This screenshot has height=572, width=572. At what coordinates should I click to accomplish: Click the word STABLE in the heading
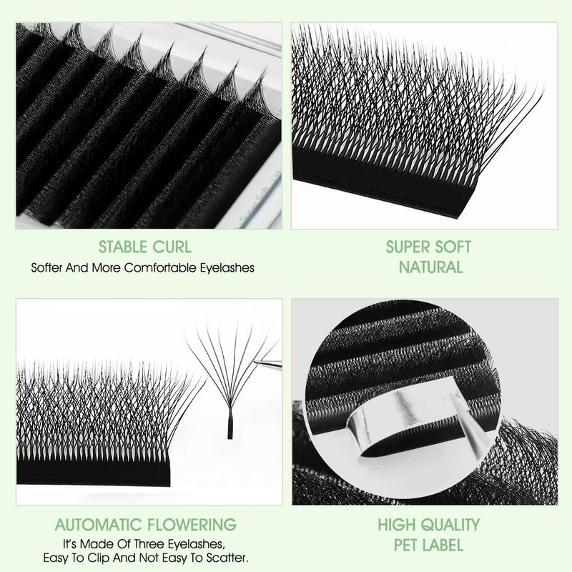(123, 247)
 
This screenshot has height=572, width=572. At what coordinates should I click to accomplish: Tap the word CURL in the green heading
(172, 247)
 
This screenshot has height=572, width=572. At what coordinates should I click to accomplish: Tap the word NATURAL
(430, 267)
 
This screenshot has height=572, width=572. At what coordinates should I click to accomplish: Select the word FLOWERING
(191, 525)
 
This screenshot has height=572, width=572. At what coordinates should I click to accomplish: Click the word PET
(406, 545)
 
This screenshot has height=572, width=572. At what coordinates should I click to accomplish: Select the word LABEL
(443, 545)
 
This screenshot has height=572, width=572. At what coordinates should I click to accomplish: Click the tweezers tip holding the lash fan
(255, 362)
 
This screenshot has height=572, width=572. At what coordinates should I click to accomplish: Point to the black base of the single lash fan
(230, 428)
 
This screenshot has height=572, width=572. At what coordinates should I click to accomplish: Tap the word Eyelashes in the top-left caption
(227, 268)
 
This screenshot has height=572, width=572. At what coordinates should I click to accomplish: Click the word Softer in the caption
(46, 267)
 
